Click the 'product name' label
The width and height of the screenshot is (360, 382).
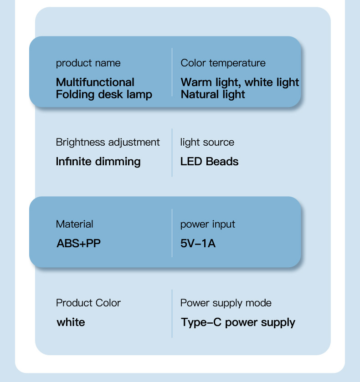(x=88, y=63)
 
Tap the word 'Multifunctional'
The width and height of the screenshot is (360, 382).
(x=95, y=82)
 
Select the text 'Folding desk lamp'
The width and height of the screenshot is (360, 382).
(x=104, y=95)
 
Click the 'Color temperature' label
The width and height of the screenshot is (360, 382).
(x=223, y=63)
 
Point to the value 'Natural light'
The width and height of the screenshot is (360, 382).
(x=213, y=95)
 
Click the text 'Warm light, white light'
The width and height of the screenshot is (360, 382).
(x=240, y=82)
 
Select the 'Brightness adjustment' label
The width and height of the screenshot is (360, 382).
(x=108, y=143)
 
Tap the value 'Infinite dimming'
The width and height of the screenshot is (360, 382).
(x=98, y=162)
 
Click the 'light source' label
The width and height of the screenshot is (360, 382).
(x=207, y=143)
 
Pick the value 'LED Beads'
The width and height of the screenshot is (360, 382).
(x=209, y=162)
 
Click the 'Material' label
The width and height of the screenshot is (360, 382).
(x=74, y=224)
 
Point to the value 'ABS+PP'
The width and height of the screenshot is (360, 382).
(x=78, y=243)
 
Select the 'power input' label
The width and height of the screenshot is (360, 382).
(x=207, y=224)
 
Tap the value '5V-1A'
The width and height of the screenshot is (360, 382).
(x=198, y=243)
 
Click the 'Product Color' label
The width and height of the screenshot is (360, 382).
(x=88, y=303)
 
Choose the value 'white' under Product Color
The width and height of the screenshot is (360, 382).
(x=71, y=322)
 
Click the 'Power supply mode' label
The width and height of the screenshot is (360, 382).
(x=226, y=303)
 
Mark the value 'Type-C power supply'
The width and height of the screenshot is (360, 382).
(x=238, y=322)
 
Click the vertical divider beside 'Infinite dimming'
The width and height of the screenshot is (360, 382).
(x=172, y=153)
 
